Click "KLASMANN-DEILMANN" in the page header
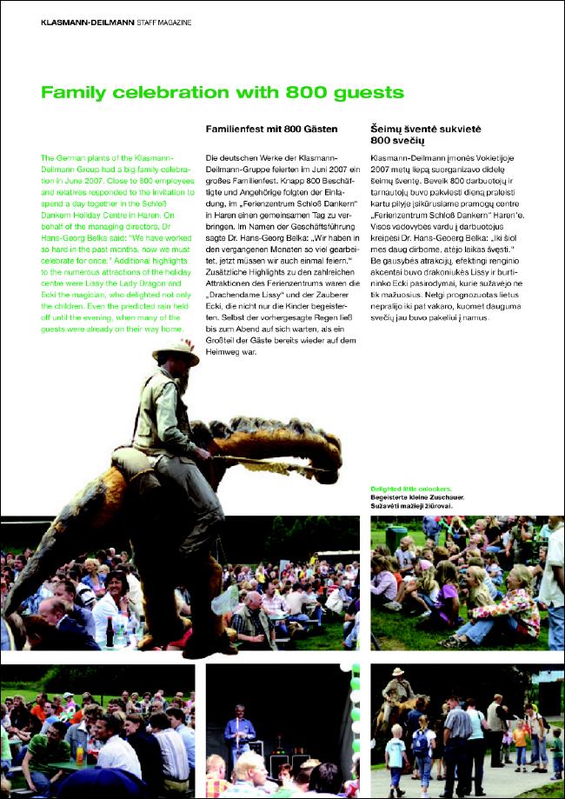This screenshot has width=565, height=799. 87,21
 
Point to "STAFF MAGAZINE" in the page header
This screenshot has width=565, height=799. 163,21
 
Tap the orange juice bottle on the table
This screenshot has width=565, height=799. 79,754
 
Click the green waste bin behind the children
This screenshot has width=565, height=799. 396,537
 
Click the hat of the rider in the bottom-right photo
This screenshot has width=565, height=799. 398,671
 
